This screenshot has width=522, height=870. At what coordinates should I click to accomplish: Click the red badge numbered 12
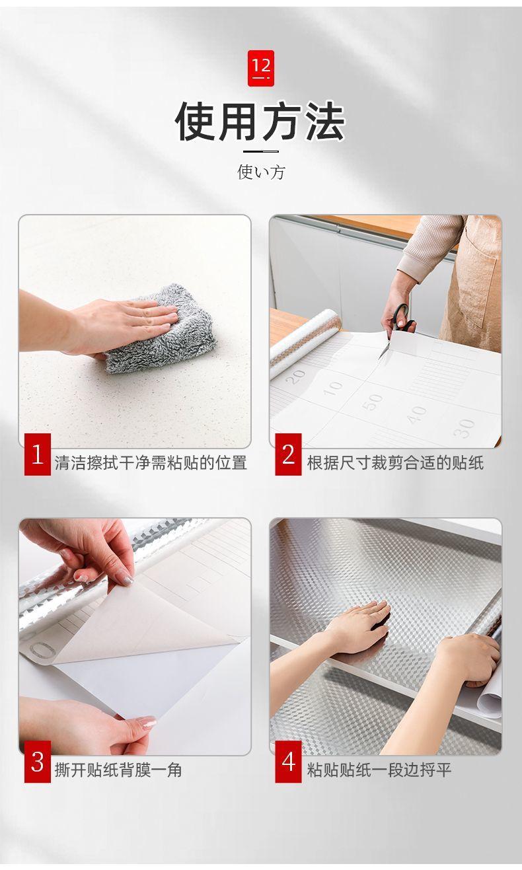260,67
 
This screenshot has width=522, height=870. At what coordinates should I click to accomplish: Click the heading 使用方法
260,122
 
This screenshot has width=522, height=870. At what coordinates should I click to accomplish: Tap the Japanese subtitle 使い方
261,172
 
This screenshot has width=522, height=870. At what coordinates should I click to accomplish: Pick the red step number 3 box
38,762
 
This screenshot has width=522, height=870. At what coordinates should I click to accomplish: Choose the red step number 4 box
288,762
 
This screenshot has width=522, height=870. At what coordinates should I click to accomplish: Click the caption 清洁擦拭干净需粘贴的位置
151,462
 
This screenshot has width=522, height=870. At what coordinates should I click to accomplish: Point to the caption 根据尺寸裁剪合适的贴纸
395,462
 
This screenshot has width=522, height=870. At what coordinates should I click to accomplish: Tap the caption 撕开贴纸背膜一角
118,770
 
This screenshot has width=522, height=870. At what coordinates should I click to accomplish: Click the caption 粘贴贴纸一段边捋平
379,770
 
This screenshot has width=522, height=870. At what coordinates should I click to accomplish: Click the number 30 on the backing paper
465,427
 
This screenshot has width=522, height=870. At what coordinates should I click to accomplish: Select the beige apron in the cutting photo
472,284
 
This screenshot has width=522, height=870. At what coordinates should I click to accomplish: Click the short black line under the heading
260,151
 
